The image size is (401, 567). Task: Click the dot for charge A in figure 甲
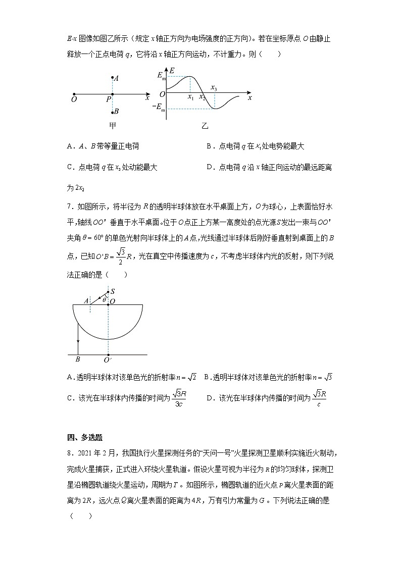click(x=112, y=78)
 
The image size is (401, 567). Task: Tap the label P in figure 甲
click(x=108, y=100)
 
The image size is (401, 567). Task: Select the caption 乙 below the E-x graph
click(x=205, y=126)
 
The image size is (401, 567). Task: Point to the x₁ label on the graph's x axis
click(x=190, y=97)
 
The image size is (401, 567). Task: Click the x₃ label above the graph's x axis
click(x=214, y=88)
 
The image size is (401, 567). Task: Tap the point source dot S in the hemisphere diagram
click(x=108, y=292)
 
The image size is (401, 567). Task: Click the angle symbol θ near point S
click(x=104, y=300)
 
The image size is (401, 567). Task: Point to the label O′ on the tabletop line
click(x=108, y=360)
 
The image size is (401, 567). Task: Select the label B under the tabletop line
click(x=78, y=359)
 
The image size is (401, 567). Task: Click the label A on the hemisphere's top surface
click(x=86, y=300)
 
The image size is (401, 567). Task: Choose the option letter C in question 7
click(x=70, y=398)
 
